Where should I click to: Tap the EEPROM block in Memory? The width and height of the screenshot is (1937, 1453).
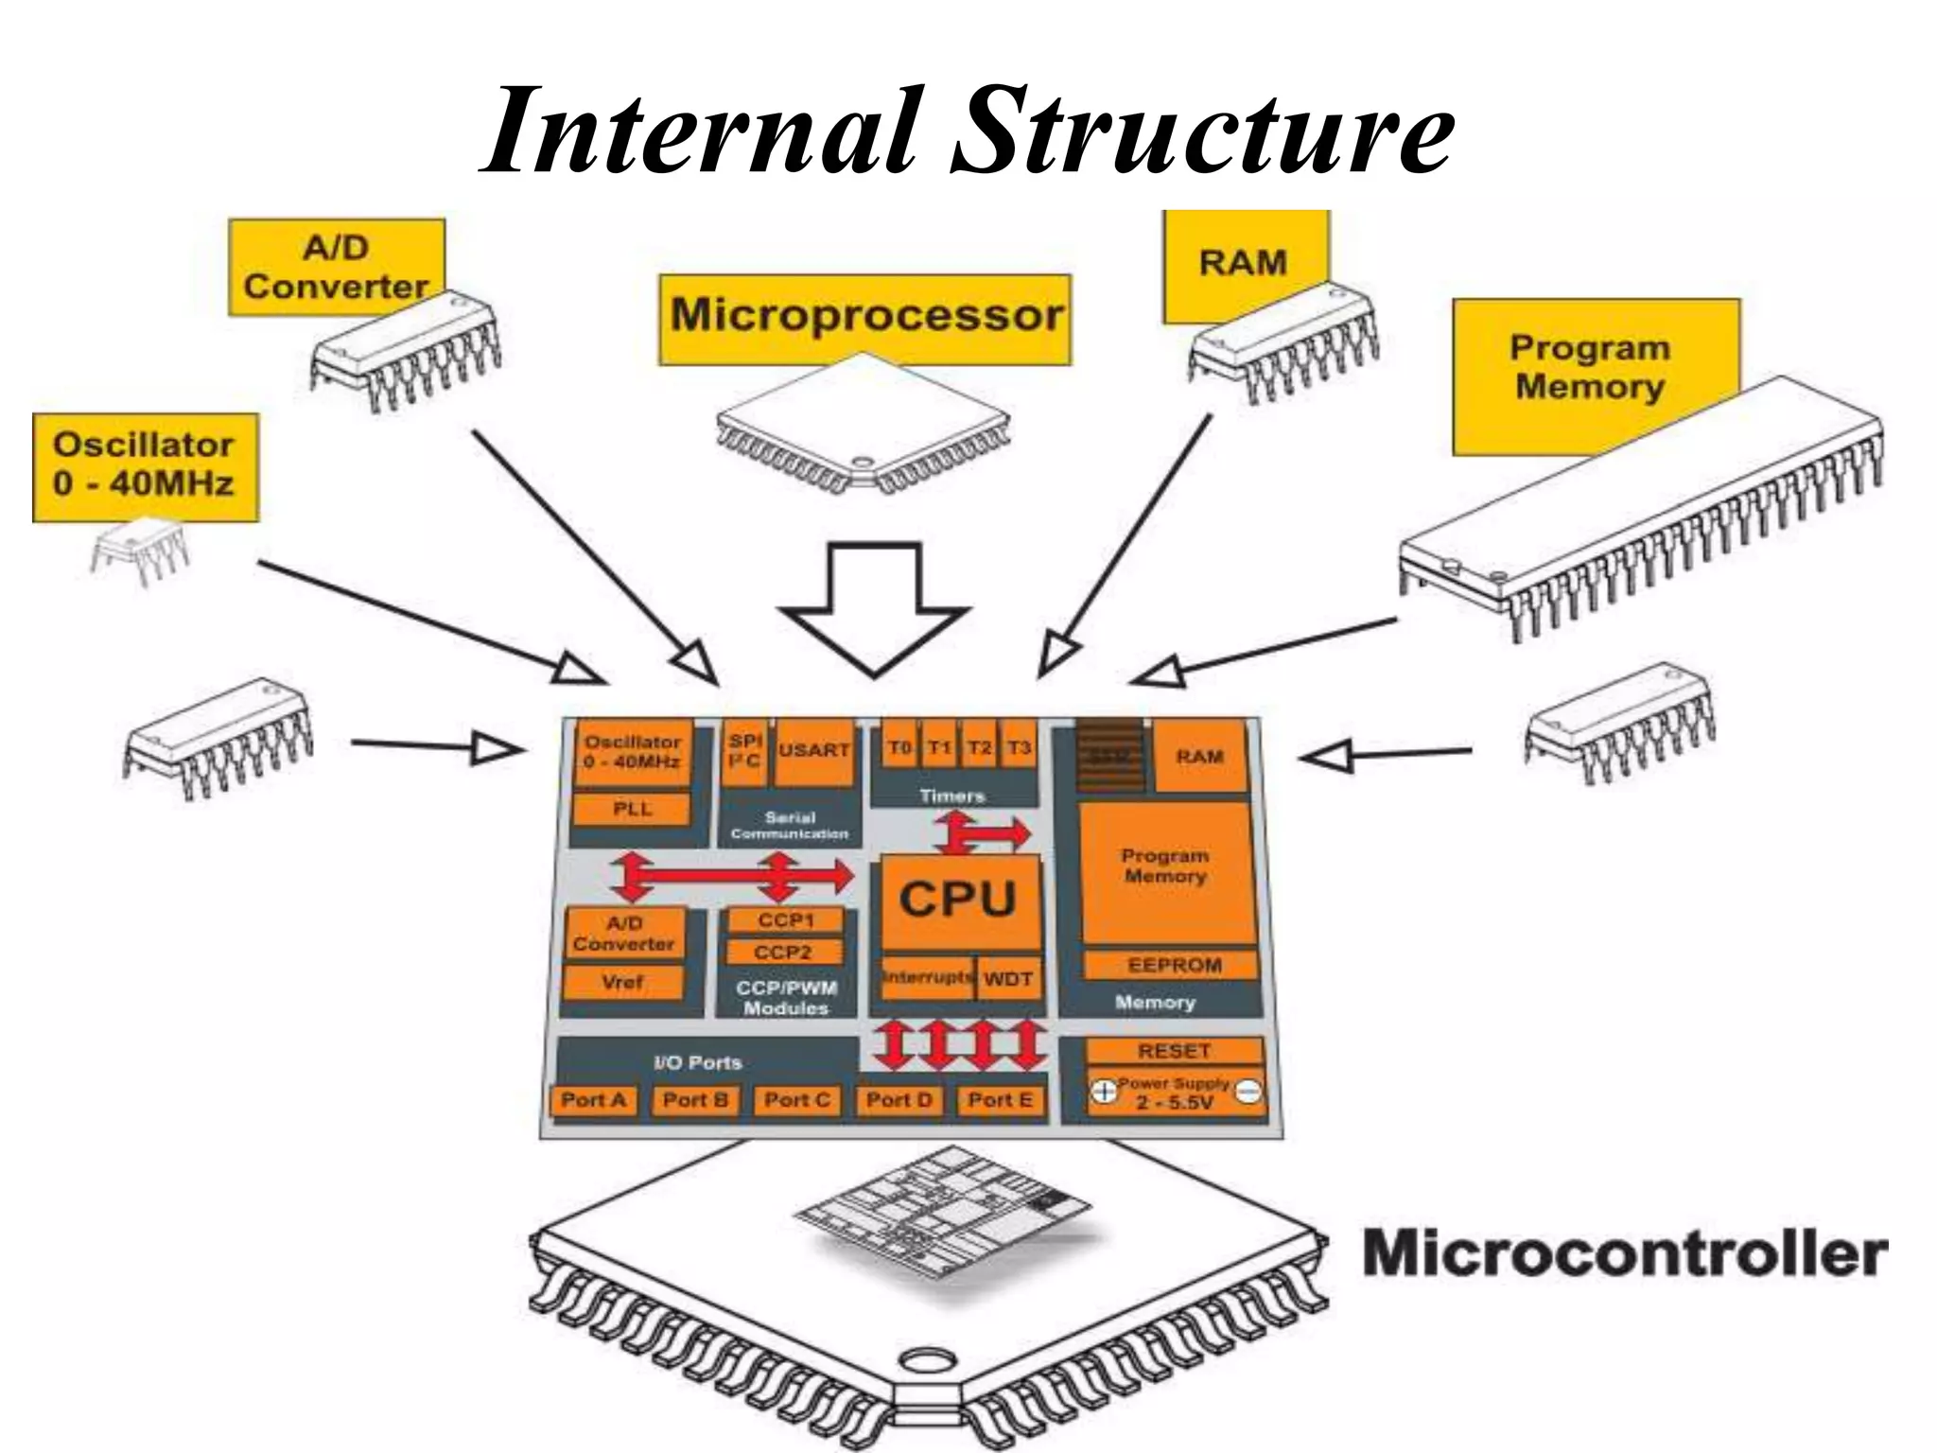[1173, 966]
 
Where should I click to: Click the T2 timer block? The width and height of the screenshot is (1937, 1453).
[980, 749]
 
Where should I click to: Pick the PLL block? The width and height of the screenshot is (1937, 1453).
[632, 809]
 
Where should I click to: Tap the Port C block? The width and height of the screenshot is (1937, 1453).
[796, 1100]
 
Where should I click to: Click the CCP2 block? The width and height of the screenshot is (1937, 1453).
[783, 953]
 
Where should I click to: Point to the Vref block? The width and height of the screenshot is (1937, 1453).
[622, 983]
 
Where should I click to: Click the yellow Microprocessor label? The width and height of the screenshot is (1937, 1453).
[865, 318]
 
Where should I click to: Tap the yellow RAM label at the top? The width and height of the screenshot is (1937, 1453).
[1243, 262]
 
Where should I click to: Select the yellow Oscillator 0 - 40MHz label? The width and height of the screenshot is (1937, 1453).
[144, 465]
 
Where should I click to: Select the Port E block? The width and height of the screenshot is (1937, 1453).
[1000, 1100]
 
